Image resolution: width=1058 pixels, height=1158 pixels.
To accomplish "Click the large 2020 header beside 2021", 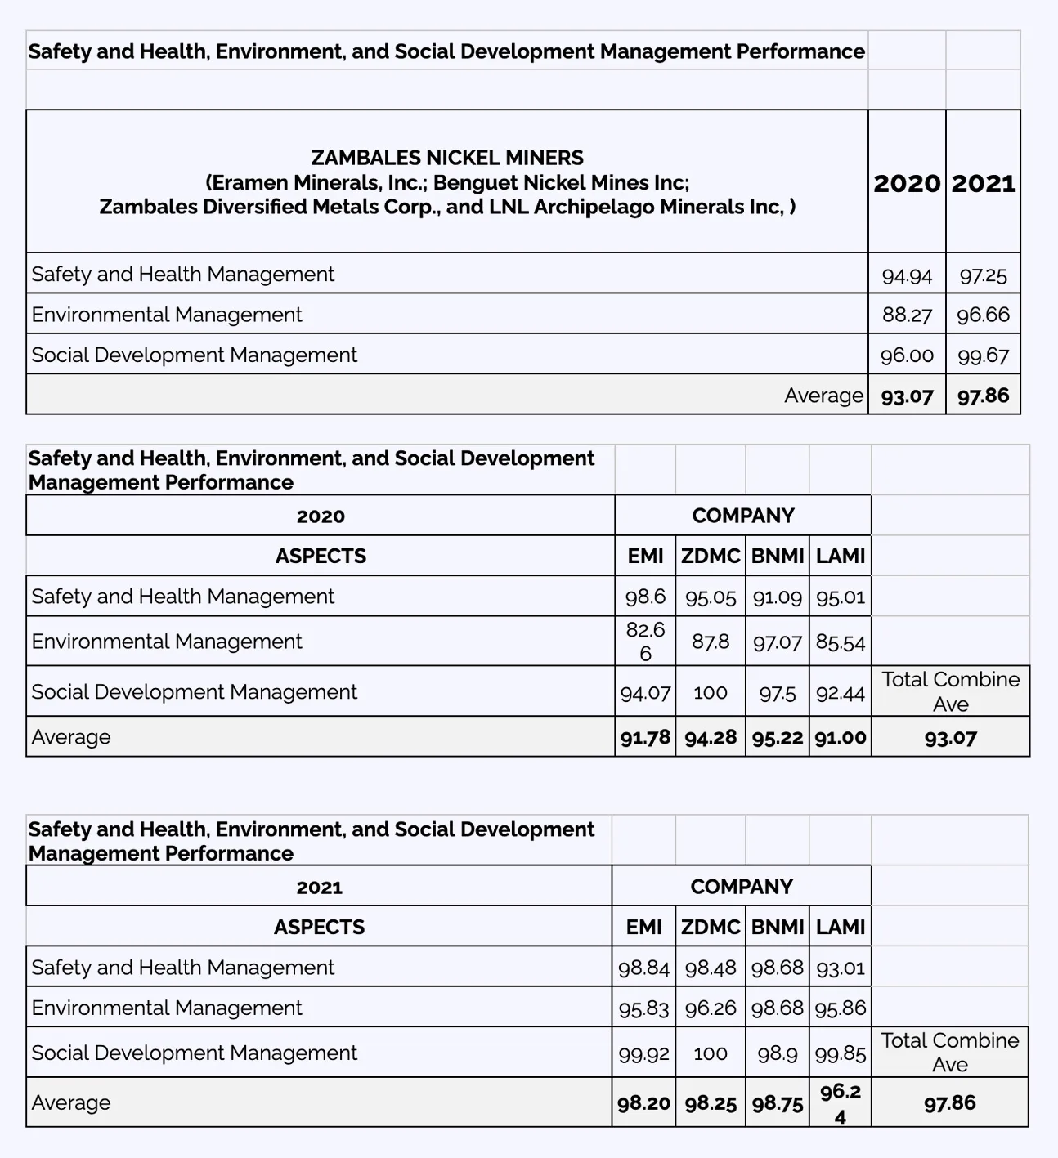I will pos(907,182).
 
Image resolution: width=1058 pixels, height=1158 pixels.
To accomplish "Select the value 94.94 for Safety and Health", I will pos(907,275).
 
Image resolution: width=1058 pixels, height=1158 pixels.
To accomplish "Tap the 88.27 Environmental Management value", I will pos(907,315).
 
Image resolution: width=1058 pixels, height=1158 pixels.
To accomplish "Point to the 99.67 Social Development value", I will pos(983,355).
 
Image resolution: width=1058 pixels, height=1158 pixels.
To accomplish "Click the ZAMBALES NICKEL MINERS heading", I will pos(447,158).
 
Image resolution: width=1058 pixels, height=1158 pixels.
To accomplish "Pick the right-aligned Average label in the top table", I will pos(823,396).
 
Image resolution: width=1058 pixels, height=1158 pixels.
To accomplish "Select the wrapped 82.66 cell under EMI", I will pos(645,642).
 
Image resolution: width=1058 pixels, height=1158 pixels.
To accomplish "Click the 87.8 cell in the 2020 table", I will pos(710,642).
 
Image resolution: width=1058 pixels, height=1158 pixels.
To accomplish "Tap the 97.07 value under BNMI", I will pos(777,642).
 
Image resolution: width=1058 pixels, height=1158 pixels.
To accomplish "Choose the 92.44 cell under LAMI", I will pos(840,693).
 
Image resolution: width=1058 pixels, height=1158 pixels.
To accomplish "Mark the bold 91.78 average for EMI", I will pos(645,737).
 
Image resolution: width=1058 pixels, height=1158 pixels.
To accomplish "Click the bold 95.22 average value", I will pos(777,737).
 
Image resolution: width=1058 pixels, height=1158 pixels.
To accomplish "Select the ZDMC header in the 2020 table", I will pos(710,557).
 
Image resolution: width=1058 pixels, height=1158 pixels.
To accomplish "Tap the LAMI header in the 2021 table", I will pos(840,928).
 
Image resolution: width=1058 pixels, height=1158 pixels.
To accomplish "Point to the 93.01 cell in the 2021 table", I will pos(840,968).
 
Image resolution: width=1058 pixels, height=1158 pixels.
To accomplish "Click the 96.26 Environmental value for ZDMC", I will pos(710,1008).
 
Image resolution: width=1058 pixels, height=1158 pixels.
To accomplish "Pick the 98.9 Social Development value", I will pos(777,1053).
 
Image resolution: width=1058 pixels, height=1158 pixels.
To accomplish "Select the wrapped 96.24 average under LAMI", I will pos(840,1104).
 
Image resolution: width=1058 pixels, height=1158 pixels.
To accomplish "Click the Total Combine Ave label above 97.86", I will pos(949,1053).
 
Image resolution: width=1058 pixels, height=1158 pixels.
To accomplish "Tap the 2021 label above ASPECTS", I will pos(319,888).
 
